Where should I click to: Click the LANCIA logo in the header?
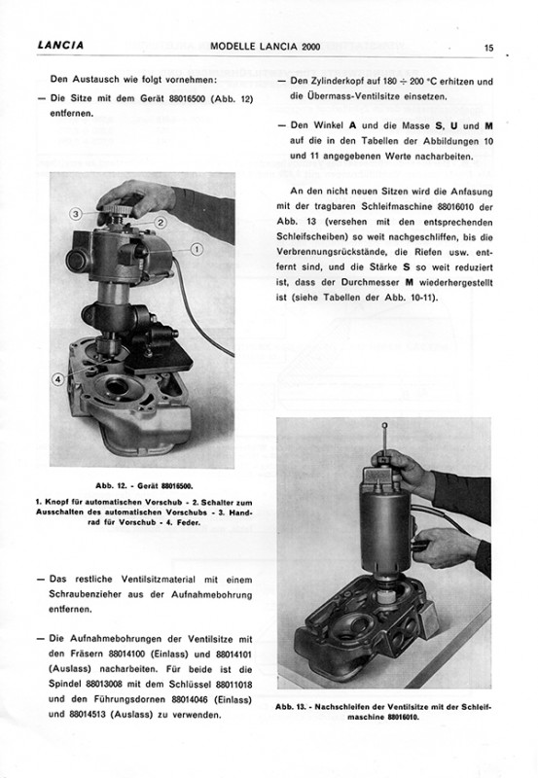click(60, 45)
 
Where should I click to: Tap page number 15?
click(488, 48)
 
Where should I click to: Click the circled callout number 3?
click(76, 214)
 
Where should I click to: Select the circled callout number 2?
click(161, 223)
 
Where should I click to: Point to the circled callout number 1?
click(197, 249)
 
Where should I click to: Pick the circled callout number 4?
click(58, 379)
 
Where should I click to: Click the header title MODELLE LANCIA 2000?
click(265, 47)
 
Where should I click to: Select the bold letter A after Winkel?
click(353, 126)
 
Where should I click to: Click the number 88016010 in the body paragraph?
click(456, 206)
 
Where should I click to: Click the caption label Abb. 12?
click(112, 485)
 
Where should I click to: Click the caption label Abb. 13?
click(292, 707)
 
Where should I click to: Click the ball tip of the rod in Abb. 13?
click(384, 425)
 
